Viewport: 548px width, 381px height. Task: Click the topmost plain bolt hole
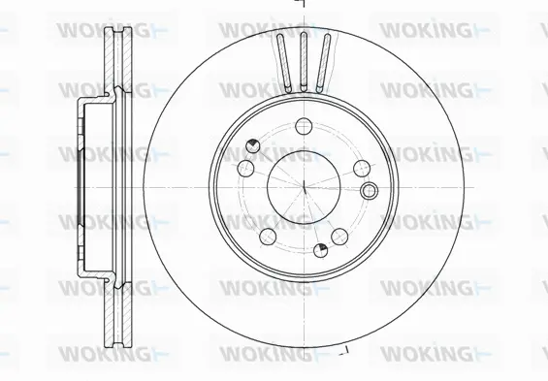point(303,125)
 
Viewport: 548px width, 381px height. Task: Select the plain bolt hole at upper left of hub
point(245,169)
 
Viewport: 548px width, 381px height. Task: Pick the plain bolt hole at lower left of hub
point(267,236)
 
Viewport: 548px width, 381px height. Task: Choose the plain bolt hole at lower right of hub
point(338,237)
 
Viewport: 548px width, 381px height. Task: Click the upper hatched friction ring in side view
point(114,58)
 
